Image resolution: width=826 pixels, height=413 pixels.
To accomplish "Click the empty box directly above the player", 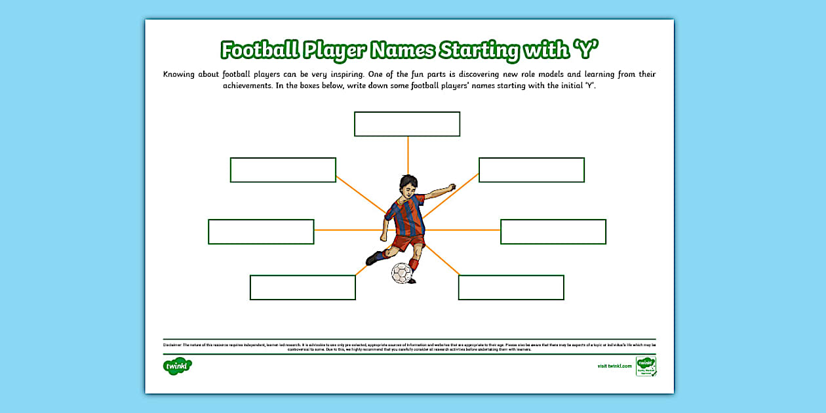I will [x=406, y=124].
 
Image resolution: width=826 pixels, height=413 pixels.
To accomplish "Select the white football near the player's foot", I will [x=402, y=273].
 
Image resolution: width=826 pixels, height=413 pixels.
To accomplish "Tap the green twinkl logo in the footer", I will [x=177, y=366].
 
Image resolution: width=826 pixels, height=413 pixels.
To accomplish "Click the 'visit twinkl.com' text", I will [x=614, y=366].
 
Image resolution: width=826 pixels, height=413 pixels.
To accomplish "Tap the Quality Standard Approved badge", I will [x=646, y=366].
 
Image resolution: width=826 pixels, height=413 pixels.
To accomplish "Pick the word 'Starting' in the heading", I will [x=477, y=50].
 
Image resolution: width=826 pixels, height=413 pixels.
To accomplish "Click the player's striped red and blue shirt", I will [x=405, y=216].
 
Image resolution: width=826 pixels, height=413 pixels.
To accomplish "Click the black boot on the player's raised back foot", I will [x=373, y=258].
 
